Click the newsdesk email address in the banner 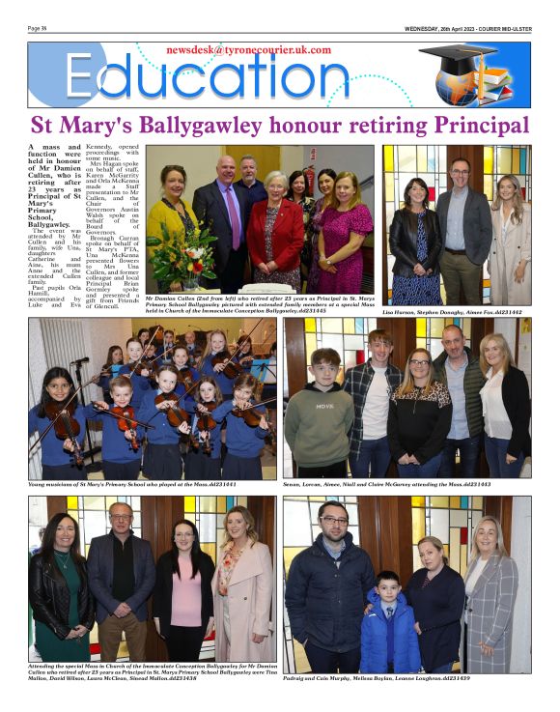248,49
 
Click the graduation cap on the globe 458,61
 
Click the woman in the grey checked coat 490,599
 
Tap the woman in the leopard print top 416,406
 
